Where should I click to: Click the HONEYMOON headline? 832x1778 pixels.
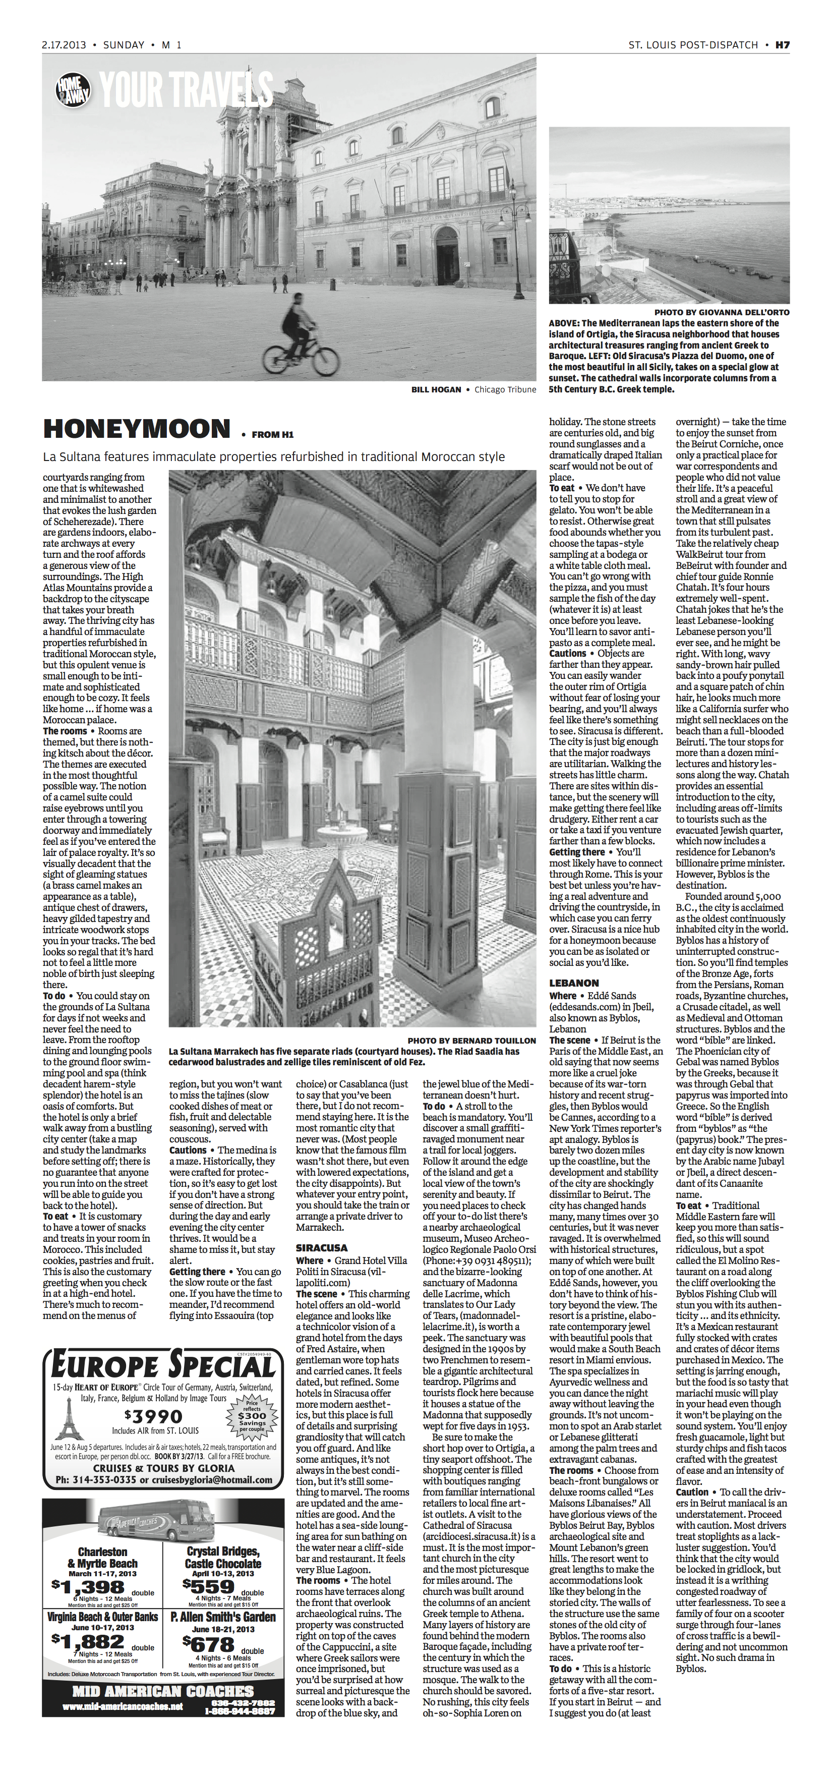136,429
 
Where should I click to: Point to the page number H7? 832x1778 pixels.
782,45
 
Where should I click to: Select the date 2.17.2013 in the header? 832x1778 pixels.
64,45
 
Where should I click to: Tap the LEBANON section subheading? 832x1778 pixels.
574,982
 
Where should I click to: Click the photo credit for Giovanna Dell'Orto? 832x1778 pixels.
722,312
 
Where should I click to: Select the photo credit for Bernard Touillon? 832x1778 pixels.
471,1040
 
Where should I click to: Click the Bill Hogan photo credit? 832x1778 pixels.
436,389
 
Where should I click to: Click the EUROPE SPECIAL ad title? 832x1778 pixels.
162,1366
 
